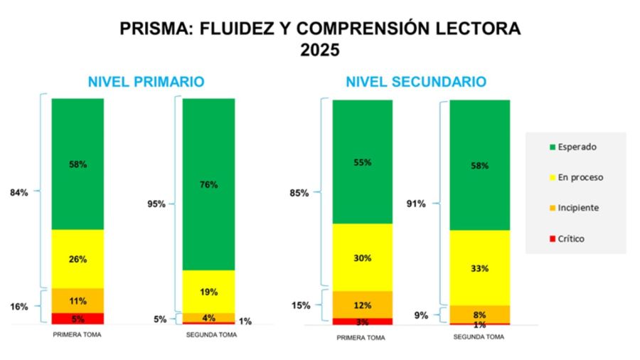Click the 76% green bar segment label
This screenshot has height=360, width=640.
pos(209,184)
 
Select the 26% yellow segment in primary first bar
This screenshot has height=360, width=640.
pos(78,259)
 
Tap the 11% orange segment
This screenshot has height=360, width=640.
pos(78,300)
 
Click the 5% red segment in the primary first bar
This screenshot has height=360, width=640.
pos(78,319)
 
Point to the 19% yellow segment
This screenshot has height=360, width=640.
pos(209,292)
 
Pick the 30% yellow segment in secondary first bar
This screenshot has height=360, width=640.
pos(363,258)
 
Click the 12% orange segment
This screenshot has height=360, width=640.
pos(363,305)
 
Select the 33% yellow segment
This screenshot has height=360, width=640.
pos(480,268)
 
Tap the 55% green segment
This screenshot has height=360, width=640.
pos(363,162)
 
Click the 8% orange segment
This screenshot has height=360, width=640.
pos(480,314)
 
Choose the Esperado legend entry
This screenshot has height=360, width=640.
pos(572,147)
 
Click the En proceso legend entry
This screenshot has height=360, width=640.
pos(576,177)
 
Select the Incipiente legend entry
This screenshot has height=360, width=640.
pos(574,208)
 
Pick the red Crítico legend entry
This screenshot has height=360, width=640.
pos(567,239)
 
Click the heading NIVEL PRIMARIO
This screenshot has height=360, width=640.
pos(146,82)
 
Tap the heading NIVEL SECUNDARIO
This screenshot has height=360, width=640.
pos(416,82)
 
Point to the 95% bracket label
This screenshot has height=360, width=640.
pos(156,204)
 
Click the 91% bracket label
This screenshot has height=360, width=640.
pos(416,204)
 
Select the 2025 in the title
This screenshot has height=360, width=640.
pos(320,51)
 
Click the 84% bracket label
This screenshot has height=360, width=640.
pos(19,191)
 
